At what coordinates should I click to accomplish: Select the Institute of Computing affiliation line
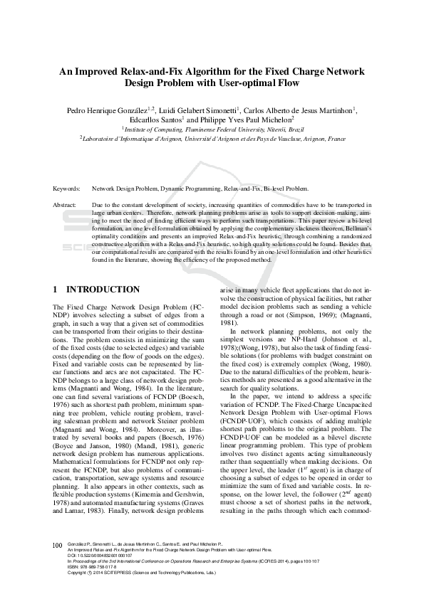212,130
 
